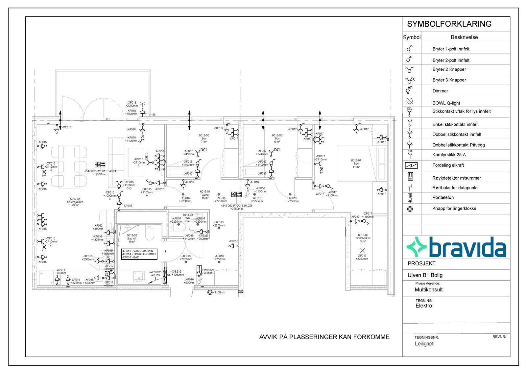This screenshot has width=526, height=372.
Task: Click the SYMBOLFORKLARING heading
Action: pos(449,24)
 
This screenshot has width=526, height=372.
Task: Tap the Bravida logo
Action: pos(456,247)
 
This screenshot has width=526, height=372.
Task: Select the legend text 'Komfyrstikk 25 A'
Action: pos(449,155)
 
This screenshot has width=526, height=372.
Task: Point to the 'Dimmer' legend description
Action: pos(440,91)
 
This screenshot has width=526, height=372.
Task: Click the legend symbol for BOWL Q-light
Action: pos(410,101)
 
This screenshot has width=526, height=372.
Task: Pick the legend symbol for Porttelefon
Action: pos(410,198)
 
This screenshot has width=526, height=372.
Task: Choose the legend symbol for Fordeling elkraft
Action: pos(411,165)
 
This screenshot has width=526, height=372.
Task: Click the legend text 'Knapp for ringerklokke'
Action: pos(454,209)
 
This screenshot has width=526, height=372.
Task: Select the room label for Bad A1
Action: pos(132,238)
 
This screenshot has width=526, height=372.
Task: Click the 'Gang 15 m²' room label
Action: pos(205,195)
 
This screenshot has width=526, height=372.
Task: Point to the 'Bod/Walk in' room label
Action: pos(363,238)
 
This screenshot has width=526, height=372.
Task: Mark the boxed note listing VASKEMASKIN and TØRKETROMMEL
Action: pos(139,254)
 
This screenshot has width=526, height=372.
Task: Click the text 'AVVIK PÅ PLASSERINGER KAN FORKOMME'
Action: pos(324,337)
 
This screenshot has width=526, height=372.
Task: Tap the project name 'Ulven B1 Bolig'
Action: pos(425,276)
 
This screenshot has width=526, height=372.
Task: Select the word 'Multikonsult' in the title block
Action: pos(428,290)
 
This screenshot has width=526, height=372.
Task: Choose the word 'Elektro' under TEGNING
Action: pos(424,306)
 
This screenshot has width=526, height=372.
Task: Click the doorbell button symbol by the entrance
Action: pos(210,292)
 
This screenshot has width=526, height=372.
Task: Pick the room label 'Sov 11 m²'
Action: pos(356,163)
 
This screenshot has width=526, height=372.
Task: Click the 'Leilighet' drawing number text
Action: pos(424,344)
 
